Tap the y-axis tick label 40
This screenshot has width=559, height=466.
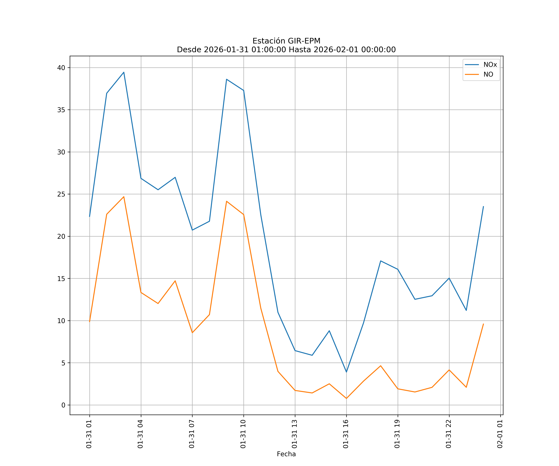coord(61,68)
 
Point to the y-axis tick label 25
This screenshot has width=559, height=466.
coord(61,194)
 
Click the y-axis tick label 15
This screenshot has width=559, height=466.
coord(61,279)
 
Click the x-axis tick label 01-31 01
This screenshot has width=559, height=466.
coord(89,434)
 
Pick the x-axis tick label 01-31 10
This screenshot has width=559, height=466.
coord(243,434)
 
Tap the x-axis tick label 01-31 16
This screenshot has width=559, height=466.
coord(346,434)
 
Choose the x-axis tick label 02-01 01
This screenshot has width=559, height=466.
coord(500,434)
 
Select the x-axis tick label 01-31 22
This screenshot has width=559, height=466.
coord(449,434)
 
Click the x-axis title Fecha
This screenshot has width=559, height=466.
coord(286,454)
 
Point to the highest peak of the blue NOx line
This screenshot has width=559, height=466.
coord(124,72)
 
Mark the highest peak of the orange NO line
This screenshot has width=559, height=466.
coord(124,197)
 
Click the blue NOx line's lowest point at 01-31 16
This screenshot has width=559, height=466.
coord(346,372)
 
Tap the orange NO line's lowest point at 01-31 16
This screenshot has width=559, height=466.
coord(346,398)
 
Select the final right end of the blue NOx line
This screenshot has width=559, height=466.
coord(483,206)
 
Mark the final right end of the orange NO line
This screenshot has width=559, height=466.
coord(483,324)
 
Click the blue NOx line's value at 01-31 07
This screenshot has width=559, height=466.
coord(192,230)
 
